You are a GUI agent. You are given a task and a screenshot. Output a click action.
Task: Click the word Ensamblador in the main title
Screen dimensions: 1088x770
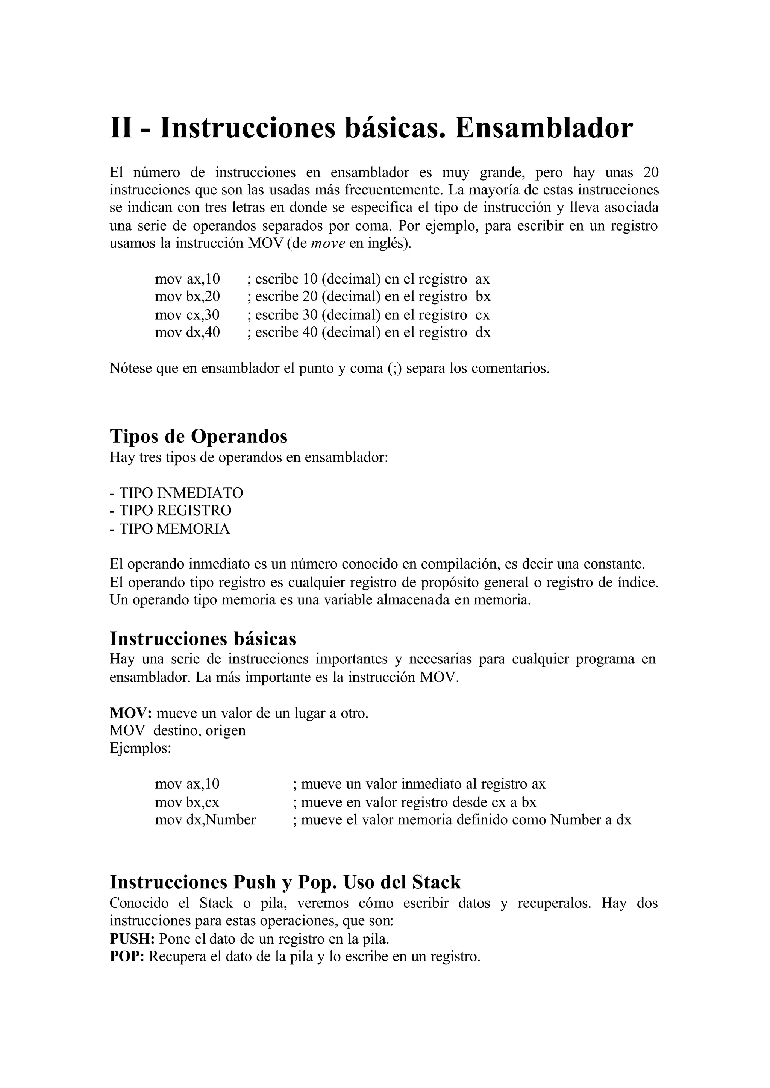click(543, 129)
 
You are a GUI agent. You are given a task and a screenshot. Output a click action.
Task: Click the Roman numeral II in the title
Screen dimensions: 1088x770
click(121, 129)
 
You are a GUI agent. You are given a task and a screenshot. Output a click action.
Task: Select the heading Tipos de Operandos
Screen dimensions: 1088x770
click(199, 436)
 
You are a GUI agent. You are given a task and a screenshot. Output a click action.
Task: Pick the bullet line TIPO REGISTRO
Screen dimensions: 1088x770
click(171, 510)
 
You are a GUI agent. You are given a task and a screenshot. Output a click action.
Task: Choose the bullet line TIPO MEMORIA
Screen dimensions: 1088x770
click(170, 528)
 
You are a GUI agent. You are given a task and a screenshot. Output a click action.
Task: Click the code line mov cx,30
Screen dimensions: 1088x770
click(187, 314)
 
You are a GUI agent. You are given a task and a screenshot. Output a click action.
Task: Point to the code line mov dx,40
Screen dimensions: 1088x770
click(187, 332)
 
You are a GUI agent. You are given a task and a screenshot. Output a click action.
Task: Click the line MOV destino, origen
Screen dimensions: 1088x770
click(178, 730)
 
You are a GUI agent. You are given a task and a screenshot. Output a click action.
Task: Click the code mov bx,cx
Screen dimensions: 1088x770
click(187, 802)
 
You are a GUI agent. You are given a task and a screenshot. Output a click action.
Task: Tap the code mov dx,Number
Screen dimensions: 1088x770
click(205, 819)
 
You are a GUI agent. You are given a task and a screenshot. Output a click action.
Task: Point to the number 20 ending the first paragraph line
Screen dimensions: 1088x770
click(650, 172)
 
